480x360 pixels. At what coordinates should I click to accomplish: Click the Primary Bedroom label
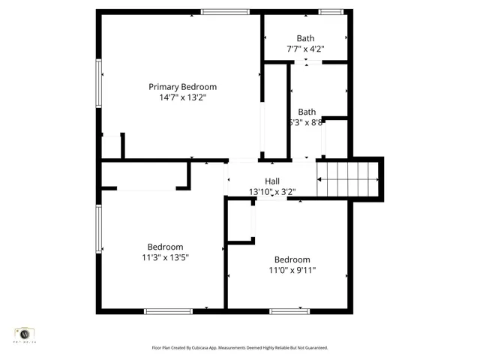(182, 87)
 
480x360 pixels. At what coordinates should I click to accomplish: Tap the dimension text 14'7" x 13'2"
(182, 97)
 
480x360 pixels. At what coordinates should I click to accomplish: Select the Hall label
(272, 181)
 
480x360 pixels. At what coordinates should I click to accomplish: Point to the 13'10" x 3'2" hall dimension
(272, 192)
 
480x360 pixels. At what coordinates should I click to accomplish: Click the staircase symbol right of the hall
(348, 180)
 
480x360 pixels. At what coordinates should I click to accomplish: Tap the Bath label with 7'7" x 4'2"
(305, 38)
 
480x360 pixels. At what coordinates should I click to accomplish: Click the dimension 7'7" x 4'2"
(305, 49)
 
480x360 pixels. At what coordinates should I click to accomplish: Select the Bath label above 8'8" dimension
(307, 112)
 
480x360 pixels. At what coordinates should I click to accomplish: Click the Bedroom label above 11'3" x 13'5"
(165, 247)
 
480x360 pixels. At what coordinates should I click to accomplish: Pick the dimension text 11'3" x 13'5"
(165, 257)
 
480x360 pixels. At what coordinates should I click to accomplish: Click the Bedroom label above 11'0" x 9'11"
(292, 259)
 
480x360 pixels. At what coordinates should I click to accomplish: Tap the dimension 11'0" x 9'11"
(292, 270)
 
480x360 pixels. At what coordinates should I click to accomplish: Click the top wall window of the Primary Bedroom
(226, 11)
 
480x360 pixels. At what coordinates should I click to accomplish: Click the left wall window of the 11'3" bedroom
(98, 229)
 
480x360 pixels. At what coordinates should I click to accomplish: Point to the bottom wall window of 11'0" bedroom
(289, 310)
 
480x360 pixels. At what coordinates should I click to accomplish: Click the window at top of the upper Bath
(331, 11)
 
